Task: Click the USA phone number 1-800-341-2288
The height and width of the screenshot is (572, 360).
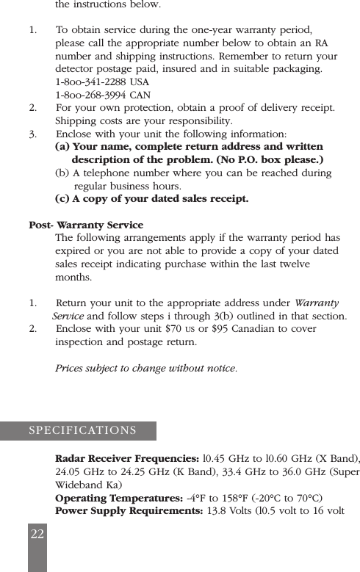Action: [x=90, y=82]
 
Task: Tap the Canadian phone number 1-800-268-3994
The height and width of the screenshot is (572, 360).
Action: [x=90, y=95]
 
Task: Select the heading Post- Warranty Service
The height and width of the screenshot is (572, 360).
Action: [x=86, y=225]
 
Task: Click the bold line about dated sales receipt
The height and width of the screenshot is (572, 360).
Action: [x=151, y=199]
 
